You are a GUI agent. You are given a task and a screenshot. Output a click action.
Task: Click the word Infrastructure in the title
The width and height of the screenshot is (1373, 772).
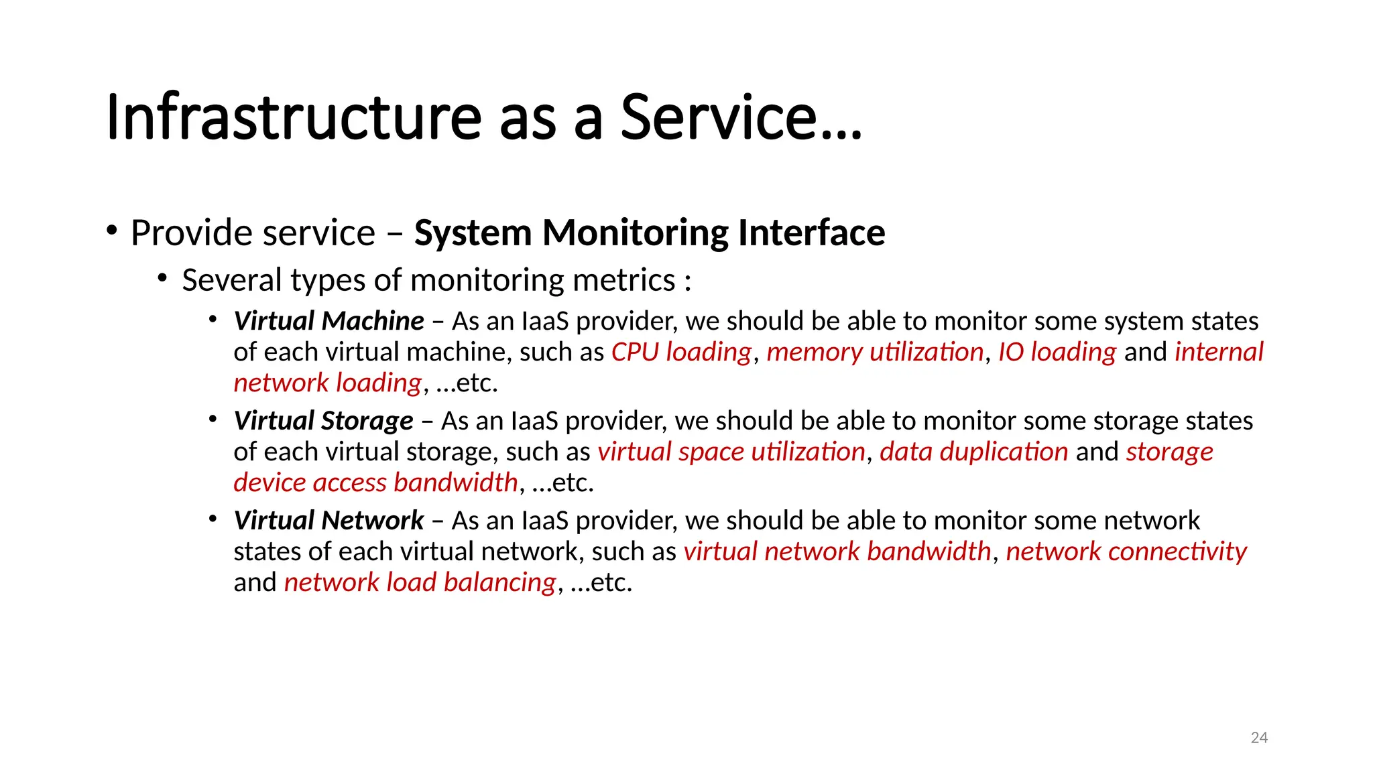pyautogui.click(x=294, y=117)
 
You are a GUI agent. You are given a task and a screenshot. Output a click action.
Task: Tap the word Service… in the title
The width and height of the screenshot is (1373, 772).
pyautogui.click(x=741, y=117)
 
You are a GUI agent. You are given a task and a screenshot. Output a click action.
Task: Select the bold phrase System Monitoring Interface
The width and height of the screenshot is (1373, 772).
pyautogui.click(x=649, y=233)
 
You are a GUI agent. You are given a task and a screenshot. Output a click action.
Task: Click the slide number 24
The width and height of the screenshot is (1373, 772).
pyautogui.click(x=1259, y=738)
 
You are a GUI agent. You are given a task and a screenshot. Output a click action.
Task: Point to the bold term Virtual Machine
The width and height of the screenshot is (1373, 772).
pyautogui.click(x=329, y=321)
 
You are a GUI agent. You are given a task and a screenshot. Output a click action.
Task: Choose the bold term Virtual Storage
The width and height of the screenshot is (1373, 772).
pyautogui.click(x=323, y=421)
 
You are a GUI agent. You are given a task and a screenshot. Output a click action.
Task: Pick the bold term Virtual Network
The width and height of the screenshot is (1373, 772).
pyautogui.click(x=329, y=521)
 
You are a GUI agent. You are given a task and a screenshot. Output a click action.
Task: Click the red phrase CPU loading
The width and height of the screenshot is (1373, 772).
pyautogui.click(x=681, y=352)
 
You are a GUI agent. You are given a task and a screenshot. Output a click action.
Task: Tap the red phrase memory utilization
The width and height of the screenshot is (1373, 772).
pyautogui.click(x=874, y=352)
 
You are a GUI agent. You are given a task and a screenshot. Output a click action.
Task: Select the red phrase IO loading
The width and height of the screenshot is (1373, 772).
pyautogui.click(x=1057, y=352)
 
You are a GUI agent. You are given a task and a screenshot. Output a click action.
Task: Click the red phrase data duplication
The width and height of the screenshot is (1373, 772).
pyautogui.click(x=973, y=452)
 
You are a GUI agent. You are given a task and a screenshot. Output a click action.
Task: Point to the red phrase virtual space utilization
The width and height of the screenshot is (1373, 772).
pyautogui.click(x=731, y=452)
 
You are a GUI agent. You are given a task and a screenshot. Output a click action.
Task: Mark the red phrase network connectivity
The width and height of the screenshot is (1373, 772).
pyautogui.click(x=1126, y=552)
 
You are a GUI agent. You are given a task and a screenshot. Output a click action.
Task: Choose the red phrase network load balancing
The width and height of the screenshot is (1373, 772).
pyautogui.click(x=420, y=582)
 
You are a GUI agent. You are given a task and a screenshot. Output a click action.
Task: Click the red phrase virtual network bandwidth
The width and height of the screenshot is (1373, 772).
pyautogui.click(x=837, y=552)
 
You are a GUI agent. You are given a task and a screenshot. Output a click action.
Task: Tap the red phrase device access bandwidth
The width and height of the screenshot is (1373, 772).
pyautogui.click(x=375, y=482)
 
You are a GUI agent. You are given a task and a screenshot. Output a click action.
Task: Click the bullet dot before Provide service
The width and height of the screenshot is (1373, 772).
pyautogui.click(x=112, y=231)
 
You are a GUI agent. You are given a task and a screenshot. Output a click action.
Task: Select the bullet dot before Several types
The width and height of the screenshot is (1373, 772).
pyautogui.click(x=162, y=277)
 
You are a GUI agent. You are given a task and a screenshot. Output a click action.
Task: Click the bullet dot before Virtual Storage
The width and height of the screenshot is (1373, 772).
pyautogui.click(x=213, y=420)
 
